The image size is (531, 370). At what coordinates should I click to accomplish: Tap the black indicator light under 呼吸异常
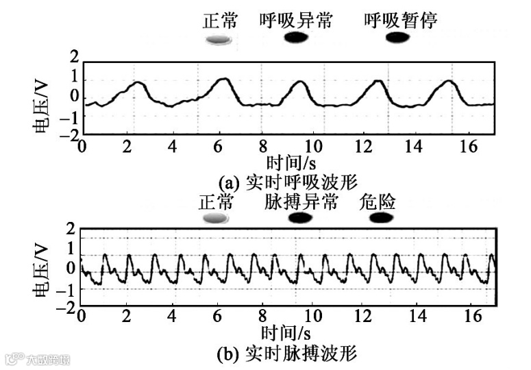[x=296, y=38]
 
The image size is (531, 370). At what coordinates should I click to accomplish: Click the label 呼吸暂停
[x=401, y=21]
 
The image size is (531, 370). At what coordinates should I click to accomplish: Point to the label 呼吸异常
[x=296, y=21]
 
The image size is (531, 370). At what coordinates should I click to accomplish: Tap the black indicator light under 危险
[x=384, y=218]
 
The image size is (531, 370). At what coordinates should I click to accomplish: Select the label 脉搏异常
[x=301, y=202]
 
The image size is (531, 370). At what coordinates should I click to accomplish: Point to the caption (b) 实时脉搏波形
[x=287, y=354]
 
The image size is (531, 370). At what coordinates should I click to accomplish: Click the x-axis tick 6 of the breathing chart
[x=217, y=146]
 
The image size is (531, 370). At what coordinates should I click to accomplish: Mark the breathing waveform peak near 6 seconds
[x=223, y=79]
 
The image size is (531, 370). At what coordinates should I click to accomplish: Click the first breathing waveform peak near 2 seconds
[x=138, y=83]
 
